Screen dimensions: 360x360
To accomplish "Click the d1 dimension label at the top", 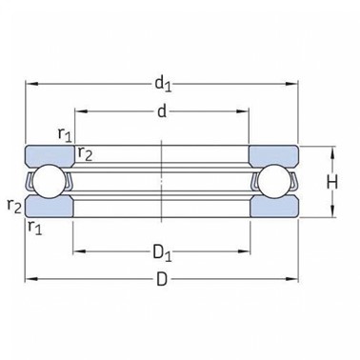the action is tap(163, 84).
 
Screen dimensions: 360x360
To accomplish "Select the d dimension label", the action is tap(162, 111).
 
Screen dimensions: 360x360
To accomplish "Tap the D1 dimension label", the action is tap(162, 252).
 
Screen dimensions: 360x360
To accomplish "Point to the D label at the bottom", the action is tap(162, 280).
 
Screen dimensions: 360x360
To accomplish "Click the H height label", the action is tap(332, 183).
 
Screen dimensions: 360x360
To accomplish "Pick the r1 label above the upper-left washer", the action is tap(65, 134).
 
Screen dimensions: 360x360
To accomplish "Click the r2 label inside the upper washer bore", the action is tap(85, 153).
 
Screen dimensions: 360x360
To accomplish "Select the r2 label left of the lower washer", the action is tap(14, 206).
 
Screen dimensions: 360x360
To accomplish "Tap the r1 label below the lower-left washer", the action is tap(35, 227).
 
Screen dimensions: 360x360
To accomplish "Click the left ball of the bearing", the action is tap(49, 182).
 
